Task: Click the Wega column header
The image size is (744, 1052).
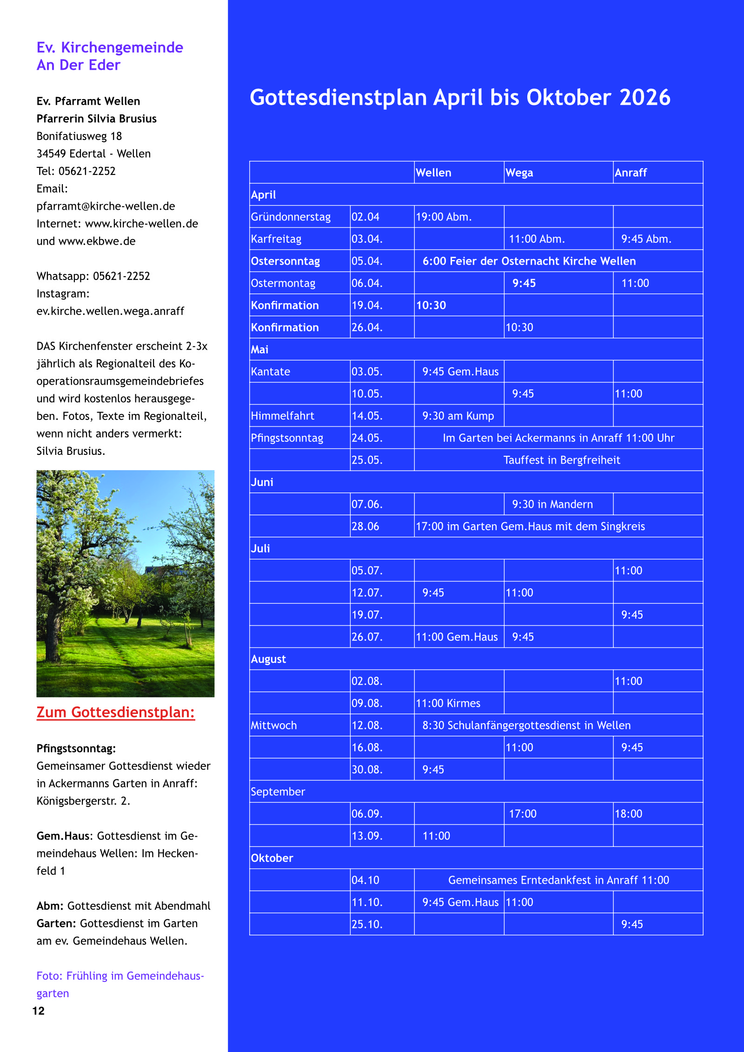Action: click(x=519, y=173)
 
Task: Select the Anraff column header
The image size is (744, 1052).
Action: click(x=631, y=173)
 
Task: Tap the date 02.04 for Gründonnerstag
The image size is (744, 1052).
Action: click(x=365, y=217)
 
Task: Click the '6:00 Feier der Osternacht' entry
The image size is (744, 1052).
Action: click(x=529, y=261)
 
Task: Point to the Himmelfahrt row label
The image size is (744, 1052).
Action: click(x=282, y=416)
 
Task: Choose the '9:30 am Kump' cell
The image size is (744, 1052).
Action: click(x=458, y=416)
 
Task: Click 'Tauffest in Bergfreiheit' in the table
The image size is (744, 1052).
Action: click(x=561, y=460)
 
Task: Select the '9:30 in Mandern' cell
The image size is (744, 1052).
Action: click(x=552, y=504)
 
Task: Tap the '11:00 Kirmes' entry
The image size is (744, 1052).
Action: click(x=448, y=703)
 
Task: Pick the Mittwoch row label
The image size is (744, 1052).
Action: click(x=273, y=725)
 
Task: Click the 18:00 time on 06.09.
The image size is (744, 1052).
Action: click(x=628, y=813)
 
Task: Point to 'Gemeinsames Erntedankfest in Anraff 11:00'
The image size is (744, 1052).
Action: click(x=558, y=880)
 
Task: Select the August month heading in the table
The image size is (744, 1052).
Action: click(x=268, y=659)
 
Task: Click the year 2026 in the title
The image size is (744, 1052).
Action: click(x=644, y=98)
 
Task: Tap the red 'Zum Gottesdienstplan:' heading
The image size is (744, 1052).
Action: click(x=115, y=712)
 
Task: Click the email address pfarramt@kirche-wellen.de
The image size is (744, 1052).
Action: click(x=106, y=206)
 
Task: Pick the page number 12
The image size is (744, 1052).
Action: click(x=39, y=1011)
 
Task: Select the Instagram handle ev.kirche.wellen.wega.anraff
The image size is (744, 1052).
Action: click(x=110, y=311)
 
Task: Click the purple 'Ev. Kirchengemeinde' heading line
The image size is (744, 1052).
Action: click(x=110, y=47)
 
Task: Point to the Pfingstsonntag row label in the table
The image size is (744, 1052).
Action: click(x=287, y=438)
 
